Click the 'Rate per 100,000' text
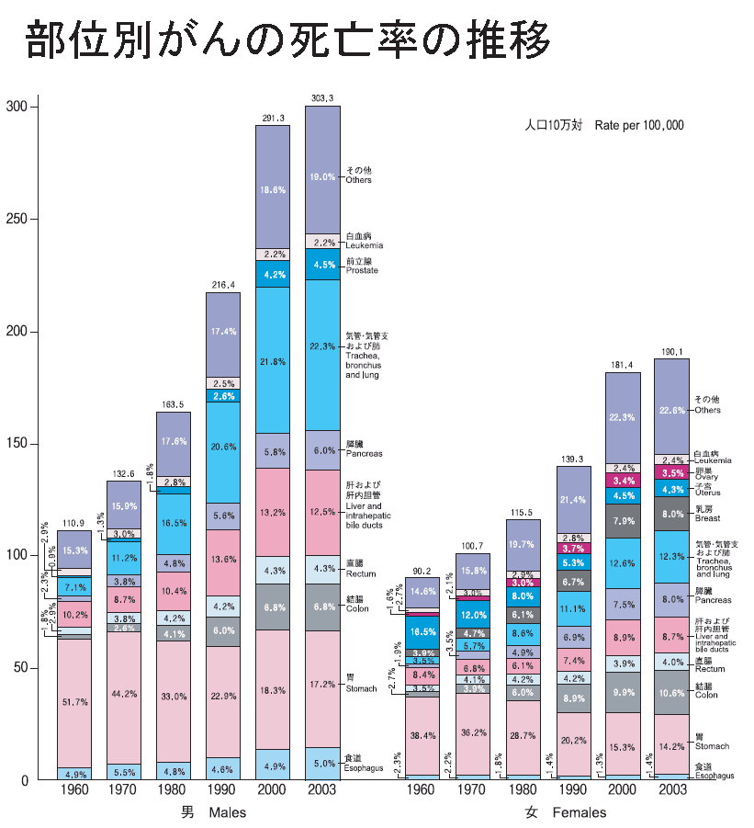(x=639, y=125)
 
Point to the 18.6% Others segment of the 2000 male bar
(x=272, y=188)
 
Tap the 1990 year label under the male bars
(x=222, y=790)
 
